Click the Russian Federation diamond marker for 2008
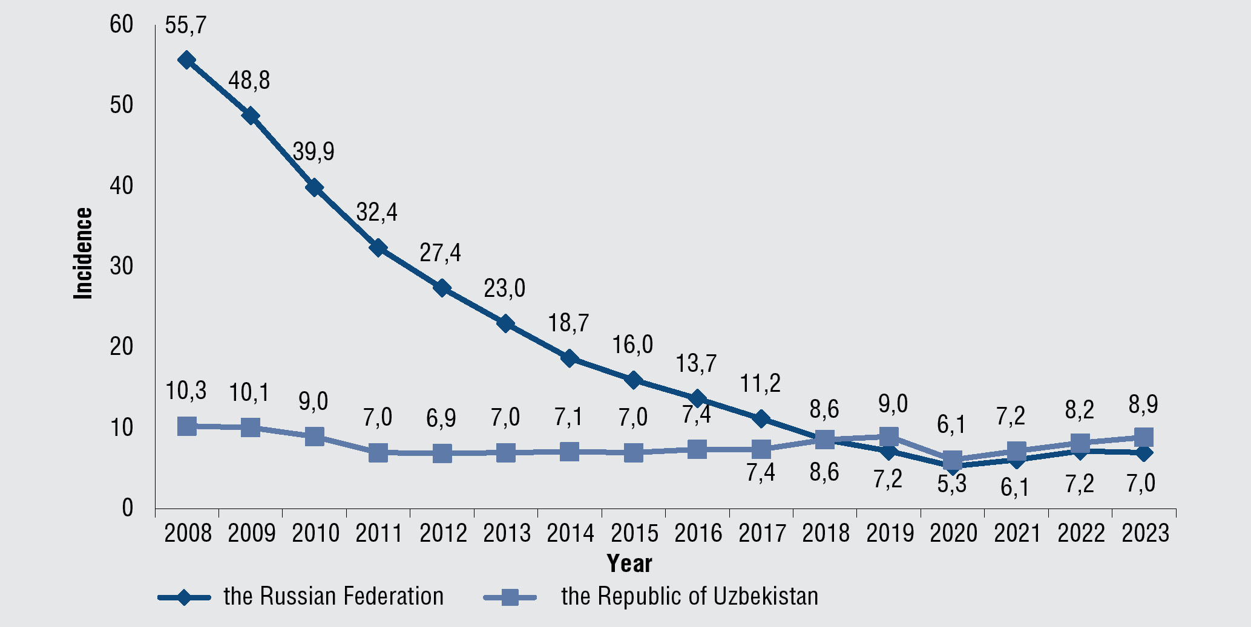tap(186, 60)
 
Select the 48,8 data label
tap(249, 80)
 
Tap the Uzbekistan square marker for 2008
tap(187, 426)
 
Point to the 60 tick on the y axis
tap(122, 25)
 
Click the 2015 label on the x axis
tap(634, 533)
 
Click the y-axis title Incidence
tap(83, 253)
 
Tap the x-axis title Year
tap(629, 564)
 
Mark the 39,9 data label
tap(314, 152)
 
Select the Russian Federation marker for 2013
tap(506, 323)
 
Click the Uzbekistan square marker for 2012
tap(442, 453)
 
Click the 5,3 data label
tap(952, 484)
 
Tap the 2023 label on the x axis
tap(1145, 533)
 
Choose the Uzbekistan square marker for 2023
tap(1143, 437)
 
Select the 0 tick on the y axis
tap(127, 508)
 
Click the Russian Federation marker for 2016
tap(697, 398)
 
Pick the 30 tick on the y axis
tap(122, 266)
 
